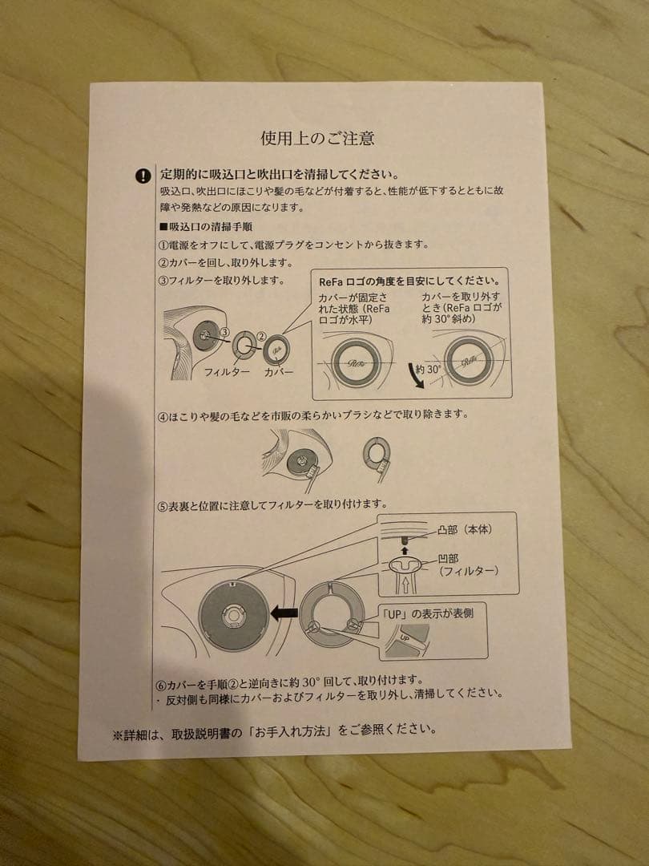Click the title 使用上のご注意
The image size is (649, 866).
[317, 138]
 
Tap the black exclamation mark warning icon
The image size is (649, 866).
[143, 176]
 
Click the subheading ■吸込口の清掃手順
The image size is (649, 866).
[208, 227]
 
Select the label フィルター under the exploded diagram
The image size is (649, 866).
[227, 372]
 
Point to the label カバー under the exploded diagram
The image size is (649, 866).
[279, 372]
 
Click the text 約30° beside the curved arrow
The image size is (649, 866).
[428, 370]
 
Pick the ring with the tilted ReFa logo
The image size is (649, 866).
[468, 360]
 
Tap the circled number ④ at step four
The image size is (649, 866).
[163, 416]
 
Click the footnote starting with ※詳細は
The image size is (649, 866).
[274, 730]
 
